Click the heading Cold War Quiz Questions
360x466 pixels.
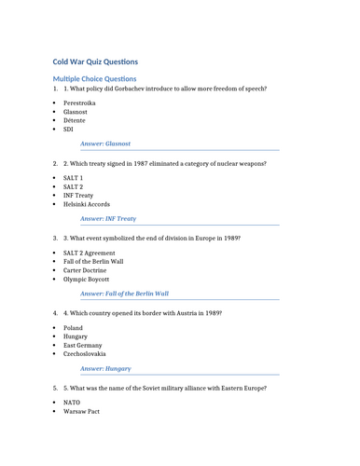point(95,62)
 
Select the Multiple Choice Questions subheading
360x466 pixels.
point(94,79)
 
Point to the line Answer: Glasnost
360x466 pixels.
point(105,144)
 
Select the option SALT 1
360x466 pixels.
point(73,177)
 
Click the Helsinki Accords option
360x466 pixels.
point(86,204)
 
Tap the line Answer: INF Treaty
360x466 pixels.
point(108,218)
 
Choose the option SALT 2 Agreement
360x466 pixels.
point(90,253)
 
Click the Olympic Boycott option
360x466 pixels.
point(86,279)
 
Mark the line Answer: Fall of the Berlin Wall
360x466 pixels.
point(124,293)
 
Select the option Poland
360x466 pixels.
point(73,328)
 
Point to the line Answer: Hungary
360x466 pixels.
point(105,368)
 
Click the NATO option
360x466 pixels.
point(72,403)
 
